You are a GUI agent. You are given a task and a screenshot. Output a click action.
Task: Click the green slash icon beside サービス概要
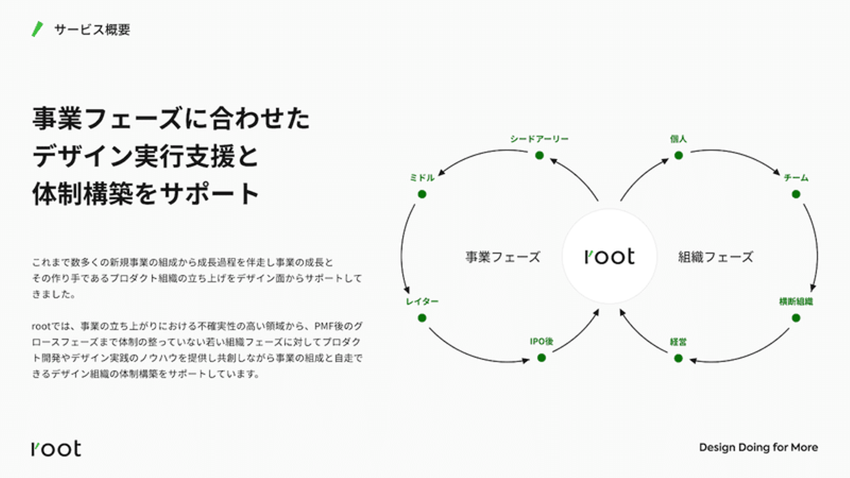click(x=38, y=30)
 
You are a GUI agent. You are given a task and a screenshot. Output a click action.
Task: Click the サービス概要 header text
click(x=92, y=30)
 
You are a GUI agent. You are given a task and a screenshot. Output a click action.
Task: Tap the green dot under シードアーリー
click(x=540, y=155)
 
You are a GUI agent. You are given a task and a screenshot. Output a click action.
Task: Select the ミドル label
click(x=422, y=178)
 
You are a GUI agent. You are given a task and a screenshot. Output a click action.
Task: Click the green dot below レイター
click(x=422, y=318)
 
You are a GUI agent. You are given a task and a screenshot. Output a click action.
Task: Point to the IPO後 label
click(x=541, y=342)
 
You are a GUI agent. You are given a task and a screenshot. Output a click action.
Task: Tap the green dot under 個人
click(x=678, y=155)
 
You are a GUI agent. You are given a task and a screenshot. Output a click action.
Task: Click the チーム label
click(x=796, y=178)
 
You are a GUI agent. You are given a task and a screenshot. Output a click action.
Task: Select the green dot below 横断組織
click(x=796, y=318)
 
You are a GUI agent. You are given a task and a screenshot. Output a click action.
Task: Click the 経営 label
click(x=678, y=342)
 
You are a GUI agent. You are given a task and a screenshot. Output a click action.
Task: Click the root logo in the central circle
click(x=609, y=257)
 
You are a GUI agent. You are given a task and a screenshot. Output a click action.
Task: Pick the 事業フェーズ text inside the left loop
click(x=503, y=257)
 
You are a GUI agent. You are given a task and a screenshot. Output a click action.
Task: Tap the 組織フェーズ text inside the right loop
click(x=715, y=257)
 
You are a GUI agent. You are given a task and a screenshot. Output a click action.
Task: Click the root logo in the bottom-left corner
click(x=56, y=448)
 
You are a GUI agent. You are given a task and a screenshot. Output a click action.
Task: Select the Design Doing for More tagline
click(x=758, y=448)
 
